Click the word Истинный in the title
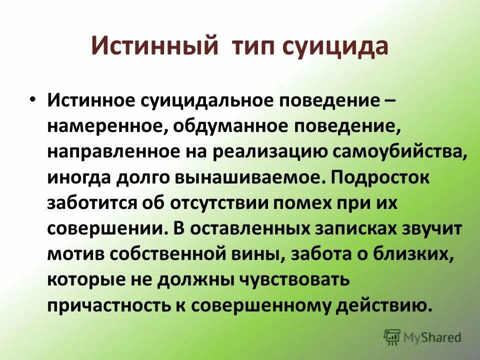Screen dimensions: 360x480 click(154, 47)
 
